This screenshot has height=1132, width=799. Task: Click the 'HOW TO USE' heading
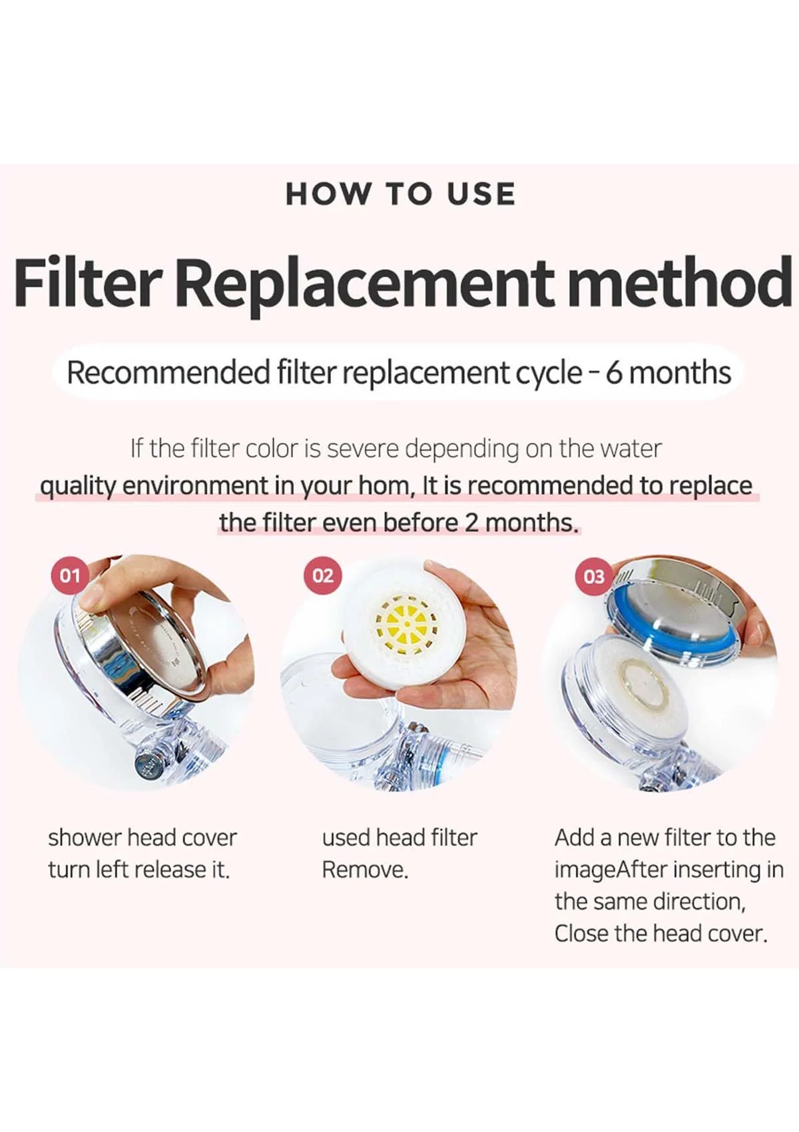pyautogui.click(x=400, y=194)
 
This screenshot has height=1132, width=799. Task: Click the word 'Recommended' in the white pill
pyautogui.click(x=167, y=373)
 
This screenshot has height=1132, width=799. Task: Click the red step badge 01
pyautogui.click(x=70, y=575)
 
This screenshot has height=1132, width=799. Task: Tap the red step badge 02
pyautogui.click(x=323, y=575)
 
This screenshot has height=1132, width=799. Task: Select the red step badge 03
pyautogui.click(x=594, y=577)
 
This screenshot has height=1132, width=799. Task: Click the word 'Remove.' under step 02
pyautogui.click(x=364, y=870)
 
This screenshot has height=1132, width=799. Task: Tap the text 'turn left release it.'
pyautogui.click(x=138, y=870)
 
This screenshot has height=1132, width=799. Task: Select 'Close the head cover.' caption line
pyautogui.click(x=661, y=934)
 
